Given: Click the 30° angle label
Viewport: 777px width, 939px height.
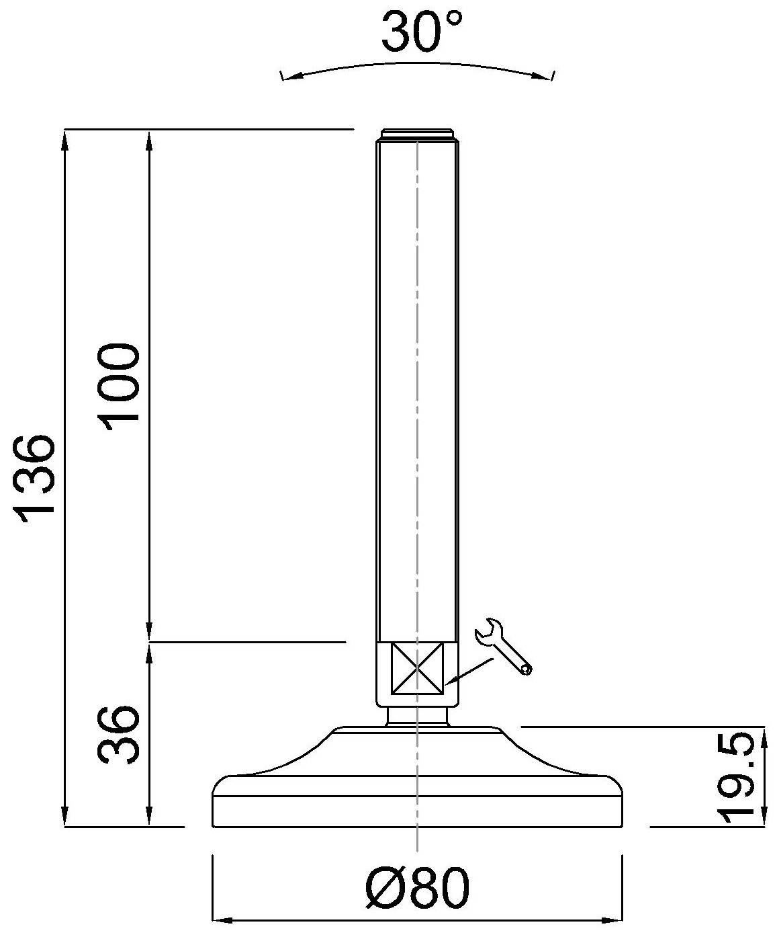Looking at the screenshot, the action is (x=422, y=31).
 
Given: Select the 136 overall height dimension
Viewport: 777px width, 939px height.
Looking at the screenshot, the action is (x=34, y=479).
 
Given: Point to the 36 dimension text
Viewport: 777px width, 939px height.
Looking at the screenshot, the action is (x=119, y=735).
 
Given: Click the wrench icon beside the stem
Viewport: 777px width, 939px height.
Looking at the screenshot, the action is (x=503, y=646).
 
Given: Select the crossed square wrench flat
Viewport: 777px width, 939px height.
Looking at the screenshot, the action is (x=418, y=668).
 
